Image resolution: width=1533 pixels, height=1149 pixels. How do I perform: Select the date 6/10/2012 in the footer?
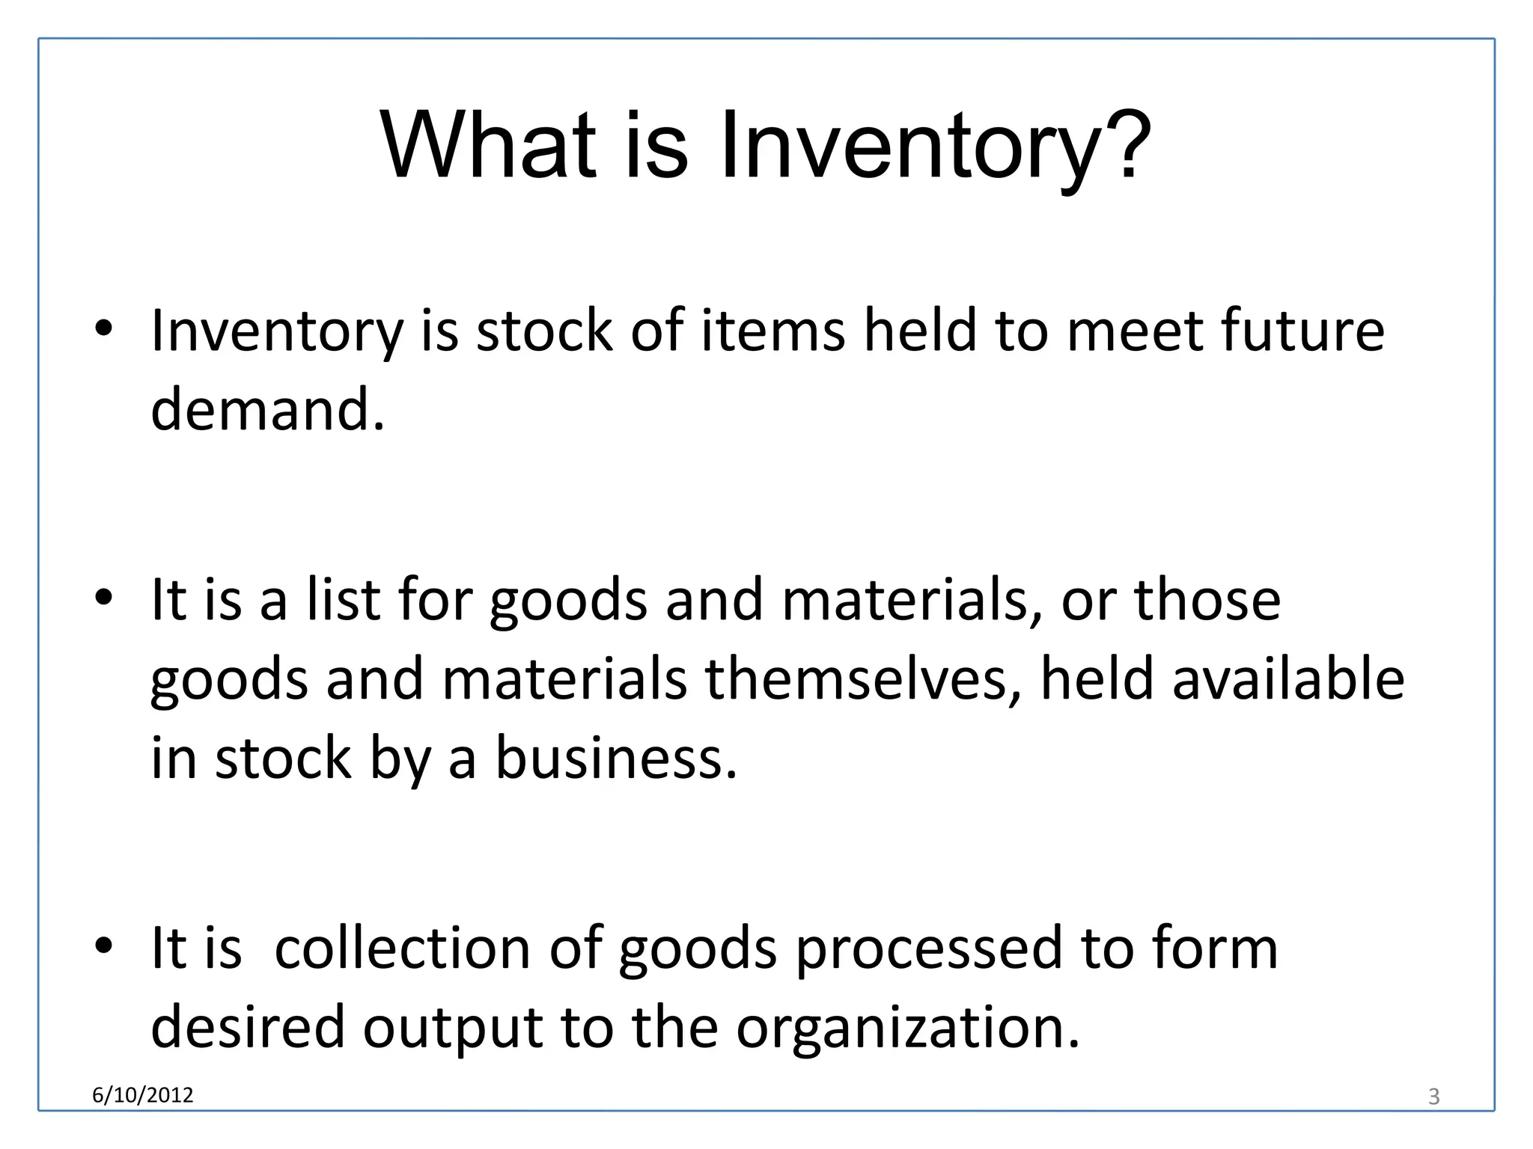[x=142, y=1095]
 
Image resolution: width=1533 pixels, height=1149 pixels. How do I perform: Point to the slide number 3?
[x=1433, y=1097]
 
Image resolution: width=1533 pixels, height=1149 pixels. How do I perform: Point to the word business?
[x=616, y=758]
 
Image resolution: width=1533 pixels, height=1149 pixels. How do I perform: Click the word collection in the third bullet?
[x=403, y=947]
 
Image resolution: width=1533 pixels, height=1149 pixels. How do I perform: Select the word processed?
[x=928, y=949]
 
